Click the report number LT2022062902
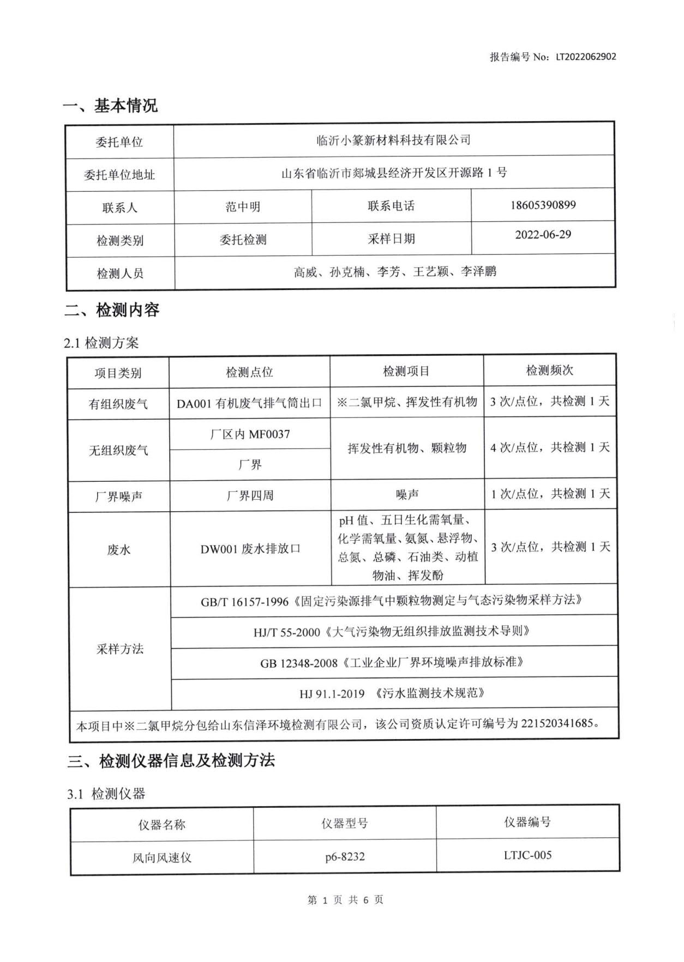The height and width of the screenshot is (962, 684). click(x=586, y=57)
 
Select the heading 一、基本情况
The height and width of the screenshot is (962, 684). click(x=110, y=105)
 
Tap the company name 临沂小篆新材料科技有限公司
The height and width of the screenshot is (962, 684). click(x=393, y=140)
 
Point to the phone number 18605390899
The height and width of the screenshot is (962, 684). click(x=543, y=205)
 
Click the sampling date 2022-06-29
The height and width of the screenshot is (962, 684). click(x=543, y=234)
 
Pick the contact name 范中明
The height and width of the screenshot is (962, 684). click(x=243, y=207)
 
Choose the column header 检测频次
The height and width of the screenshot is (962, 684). click(x=549, y=371)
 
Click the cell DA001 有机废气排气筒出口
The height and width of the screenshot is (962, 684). click(x=249, y=403)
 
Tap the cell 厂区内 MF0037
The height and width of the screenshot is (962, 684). click(x=250, y=434)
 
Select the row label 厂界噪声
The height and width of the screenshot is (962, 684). click(x=118, y=496)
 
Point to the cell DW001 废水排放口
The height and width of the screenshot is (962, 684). click(x=250, y=549)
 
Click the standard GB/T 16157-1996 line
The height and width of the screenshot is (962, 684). click(x=391, y=601)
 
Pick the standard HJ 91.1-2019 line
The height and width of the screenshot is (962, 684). click(x=392, y=693)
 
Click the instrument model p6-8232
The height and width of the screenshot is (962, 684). click(x=345, y=856)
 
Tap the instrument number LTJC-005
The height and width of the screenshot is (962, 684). click(x=527, y=855)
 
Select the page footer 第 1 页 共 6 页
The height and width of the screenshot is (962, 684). click(x=345, y=899)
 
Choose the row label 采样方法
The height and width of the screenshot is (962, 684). click(x=119, y=649)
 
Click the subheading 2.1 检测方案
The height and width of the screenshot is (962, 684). click(x=101, y=343)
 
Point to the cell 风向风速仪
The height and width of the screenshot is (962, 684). click(x=161, y=857)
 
